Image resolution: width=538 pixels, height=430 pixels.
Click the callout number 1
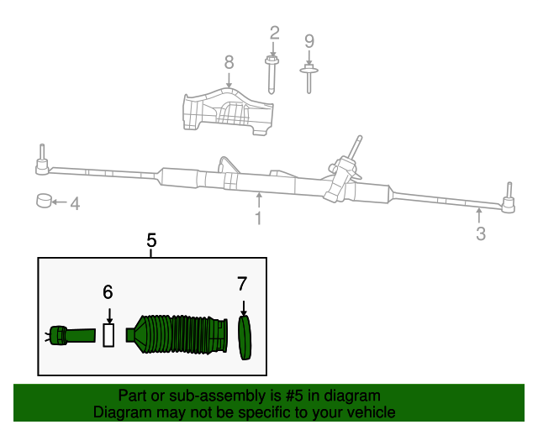tap(258, 218)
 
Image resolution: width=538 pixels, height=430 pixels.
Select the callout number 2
tap(274, 34)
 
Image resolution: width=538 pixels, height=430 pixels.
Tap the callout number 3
tap(481, 234)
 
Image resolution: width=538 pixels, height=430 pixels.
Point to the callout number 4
tap(75, 203)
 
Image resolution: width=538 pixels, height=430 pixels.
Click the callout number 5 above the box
tap(152, 241)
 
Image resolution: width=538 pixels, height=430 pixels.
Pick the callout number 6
tap(108, 292)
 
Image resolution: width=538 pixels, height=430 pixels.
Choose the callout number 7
tap(242, 284)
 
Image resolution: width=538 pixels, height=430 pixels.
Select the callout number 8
tap(229, 62)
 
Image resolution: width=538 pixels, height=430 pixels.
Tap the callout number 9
tap(309, 40)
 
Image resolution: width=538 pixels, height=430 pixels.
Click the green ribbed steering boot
tap(181, 336)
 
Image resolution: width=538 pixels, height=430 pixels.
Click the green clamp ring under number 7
tap(245, 338)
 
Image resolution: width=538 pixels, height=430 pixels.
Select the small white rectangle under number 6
tap(108, 336)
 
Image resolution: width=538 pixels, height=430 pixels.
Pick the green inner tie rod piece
tap(71, 336)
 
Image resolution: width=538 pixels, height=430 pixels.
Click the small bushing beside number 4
tap(44, 202)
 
